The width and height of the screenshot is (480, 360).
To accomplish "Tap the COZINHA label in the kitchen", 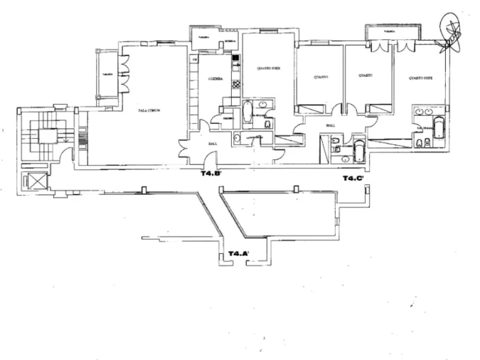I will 216,79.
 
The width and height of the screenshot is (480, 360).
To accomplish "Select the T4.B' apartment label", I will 211,173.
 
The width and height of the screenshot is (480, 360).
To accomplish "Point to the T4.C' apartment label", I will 353,178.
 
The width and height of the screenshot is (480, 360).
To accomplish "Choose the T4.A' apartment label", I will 238,253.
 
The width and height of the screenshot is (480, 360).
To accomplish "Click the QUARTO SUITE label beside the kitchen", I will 267,68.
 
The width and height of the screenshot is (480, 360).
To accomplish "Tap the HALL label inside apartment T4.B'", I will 212,143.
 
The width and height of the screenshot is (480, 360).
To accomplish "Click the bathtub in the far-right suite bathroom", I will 439,128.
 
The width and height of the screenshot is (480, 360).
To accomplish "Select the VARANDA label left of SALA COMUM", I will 108,74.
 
